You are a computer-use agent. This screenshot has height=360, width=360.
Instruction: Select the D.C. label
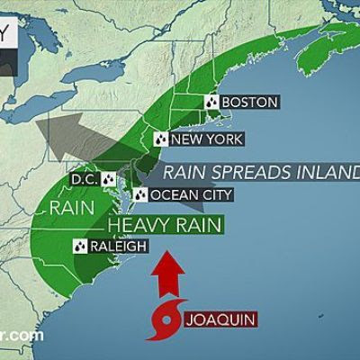tap(85, 178)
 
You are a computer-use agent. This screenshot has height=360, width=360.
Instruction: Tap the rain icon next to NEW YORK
tap(160, 139)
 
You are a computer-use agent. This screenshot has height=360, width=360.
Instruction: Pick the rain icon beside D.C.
tap(111, 178)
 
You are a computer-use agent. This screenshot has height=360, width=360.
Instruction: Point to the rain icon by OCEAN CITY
tap(140, 194)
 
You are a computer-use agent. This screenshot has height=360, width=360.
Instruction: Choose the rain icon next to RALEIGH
tap(79, 244)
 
